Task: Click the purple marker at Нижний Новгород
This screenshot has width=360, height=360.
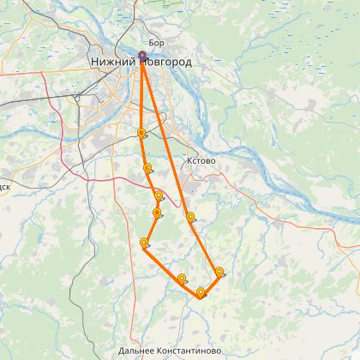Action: click(142, 57)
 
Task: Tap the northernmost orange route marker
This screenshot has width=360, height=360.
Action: click(141, 133)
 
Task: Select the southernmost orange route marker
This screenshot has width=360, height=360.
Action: click(201, 293)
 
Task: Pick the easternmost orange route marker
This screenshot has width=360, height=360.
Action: click(219, 273)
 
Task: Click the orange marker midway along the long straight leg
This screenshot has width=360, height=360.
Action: click(190, 217)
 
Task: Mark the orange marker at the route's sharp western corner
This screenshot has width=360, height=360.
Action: click(144, 243)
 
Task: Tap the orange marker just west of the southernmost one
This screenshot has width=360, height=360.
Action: click(182, 279)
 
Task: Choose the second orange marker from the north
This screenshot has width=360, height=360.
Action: click(148, 168)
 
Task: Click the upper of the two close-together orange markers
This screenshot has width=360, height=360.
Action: click(159, 196)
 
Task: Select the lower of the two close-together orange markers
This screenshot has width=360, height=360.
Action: click(157, 213)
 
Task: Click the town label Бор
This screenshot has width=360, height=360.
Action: click(156, 42)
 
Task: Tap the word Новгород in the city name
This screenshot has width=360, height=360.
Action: click(168, 63)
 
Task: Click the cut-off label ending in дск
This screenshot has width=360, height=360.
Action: click(4, 183)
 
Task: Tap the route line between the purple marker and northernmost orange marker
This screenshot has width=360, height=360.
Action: click(142, 94)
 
